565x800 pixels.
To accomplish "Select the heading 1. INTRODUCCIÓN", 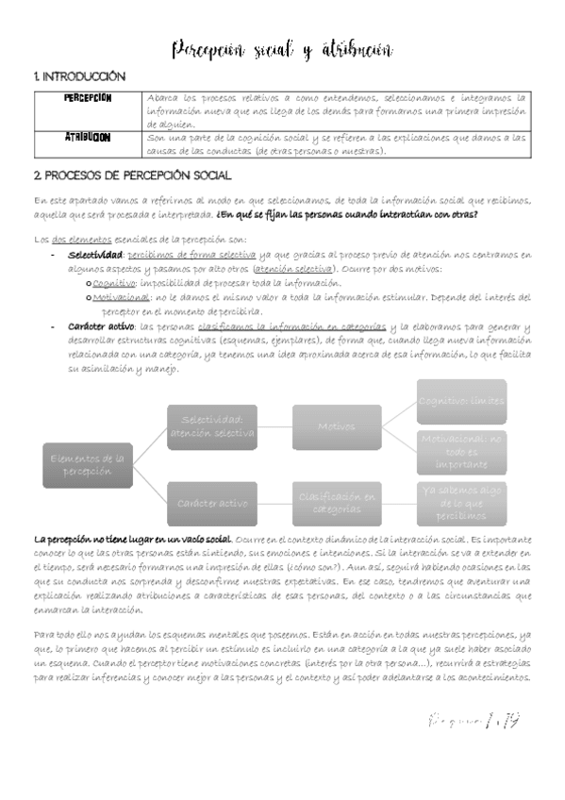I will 79,75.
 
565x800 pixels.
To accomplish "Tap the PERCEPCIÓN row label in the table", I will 88,97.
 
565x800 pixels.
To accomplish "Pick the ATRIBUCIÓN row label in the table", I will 88,138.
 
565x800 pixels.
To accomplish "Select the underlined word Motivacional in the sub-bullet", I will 123,297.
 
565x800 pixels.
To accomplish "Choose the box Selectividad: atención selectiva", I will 212,426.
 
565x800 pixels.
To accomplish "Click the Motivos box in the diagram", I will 337,426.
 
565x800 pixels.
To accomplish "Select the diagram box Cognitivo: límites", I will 461,400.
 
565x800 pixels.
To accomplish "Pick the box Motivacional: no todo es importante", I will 461,452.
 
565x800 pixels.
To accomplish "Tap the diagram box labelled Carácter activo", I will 212,503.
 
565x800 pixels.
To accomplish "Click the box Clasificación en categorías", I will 337,503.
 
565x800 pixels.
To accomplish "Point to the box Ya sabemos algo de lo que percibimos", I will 461,503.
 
